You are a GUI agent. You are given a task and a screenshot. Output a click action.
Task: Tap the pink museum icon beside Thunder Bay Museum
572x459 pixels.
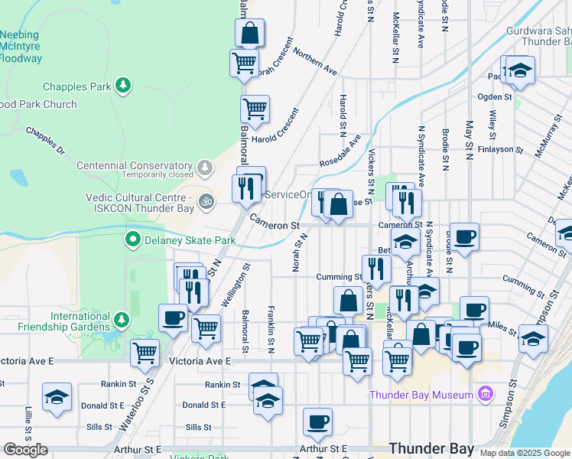483,395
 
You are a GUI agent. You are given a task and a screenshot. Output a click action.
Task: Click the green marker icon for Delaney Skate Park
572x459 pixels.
132,240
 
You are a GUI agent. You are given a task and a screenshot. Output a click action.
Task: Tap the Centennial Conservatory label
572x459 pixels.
134,165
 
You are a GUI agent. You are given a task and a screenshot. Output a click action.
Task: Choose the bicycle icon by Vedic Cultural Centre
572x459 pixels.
205,202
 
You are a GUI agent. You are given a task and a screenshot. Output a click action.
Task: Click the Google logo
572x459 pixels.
25,450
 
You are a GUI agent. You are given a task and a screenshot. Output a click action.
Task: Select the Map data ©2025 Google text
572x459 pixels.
525,453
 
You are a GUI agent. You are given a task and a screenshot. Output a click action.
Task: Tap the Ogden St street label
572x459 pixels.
495,97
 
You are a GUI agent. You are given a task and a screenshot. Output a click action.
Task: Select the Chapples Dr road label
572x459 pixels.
45,141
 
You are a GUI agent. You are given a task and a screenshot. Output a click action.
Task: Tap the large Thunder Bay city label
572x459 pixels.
431,448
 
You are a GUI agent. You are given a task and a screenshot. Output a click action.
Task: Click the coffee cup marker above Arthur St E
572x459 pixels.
317,421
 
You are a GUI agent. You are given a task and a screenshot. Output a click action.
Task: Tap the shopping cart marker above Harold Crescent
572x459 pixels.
255,108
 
